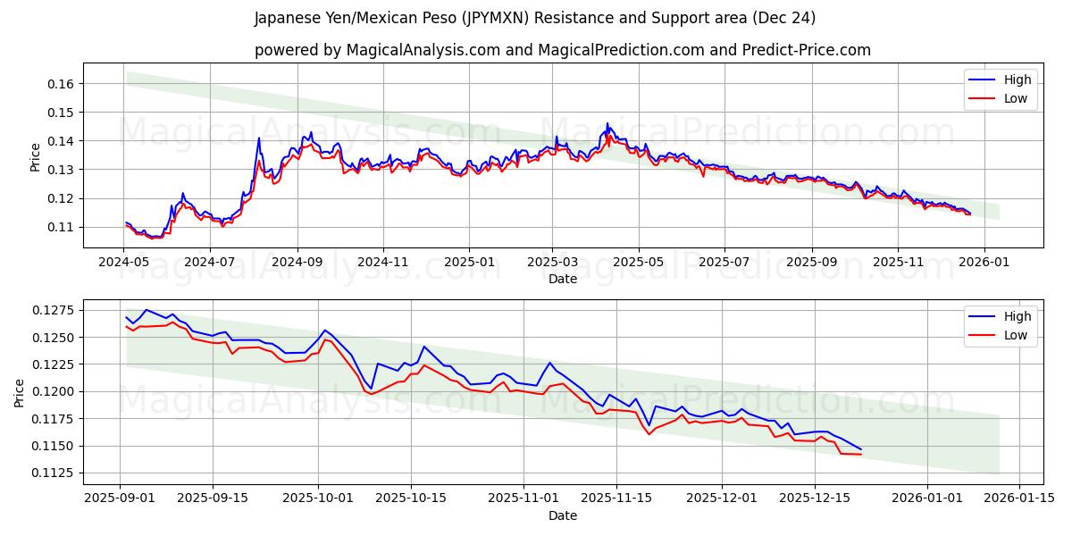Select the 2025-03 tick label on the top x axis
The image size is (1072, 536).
pos(552,263)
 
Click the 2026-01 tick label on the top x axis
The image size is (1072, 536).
pos(984,263)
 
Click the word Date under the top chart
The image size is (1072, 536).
pos(563,279)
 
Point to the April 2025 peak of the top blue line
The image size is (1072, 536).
pos(607,123)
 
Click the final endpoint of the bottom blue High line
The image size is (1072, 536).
pos(861,448)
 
